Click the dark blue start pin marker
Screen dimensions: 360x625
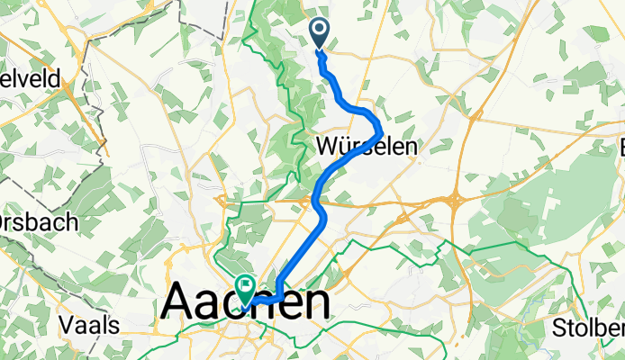[x=321, y=32]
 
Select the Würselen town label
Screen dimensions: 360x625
[x=367, y=146]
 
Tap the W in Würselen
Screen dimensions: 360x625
[x=327, y=146]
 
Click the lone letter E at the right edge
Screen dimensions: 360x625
[x=620, y=147]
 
